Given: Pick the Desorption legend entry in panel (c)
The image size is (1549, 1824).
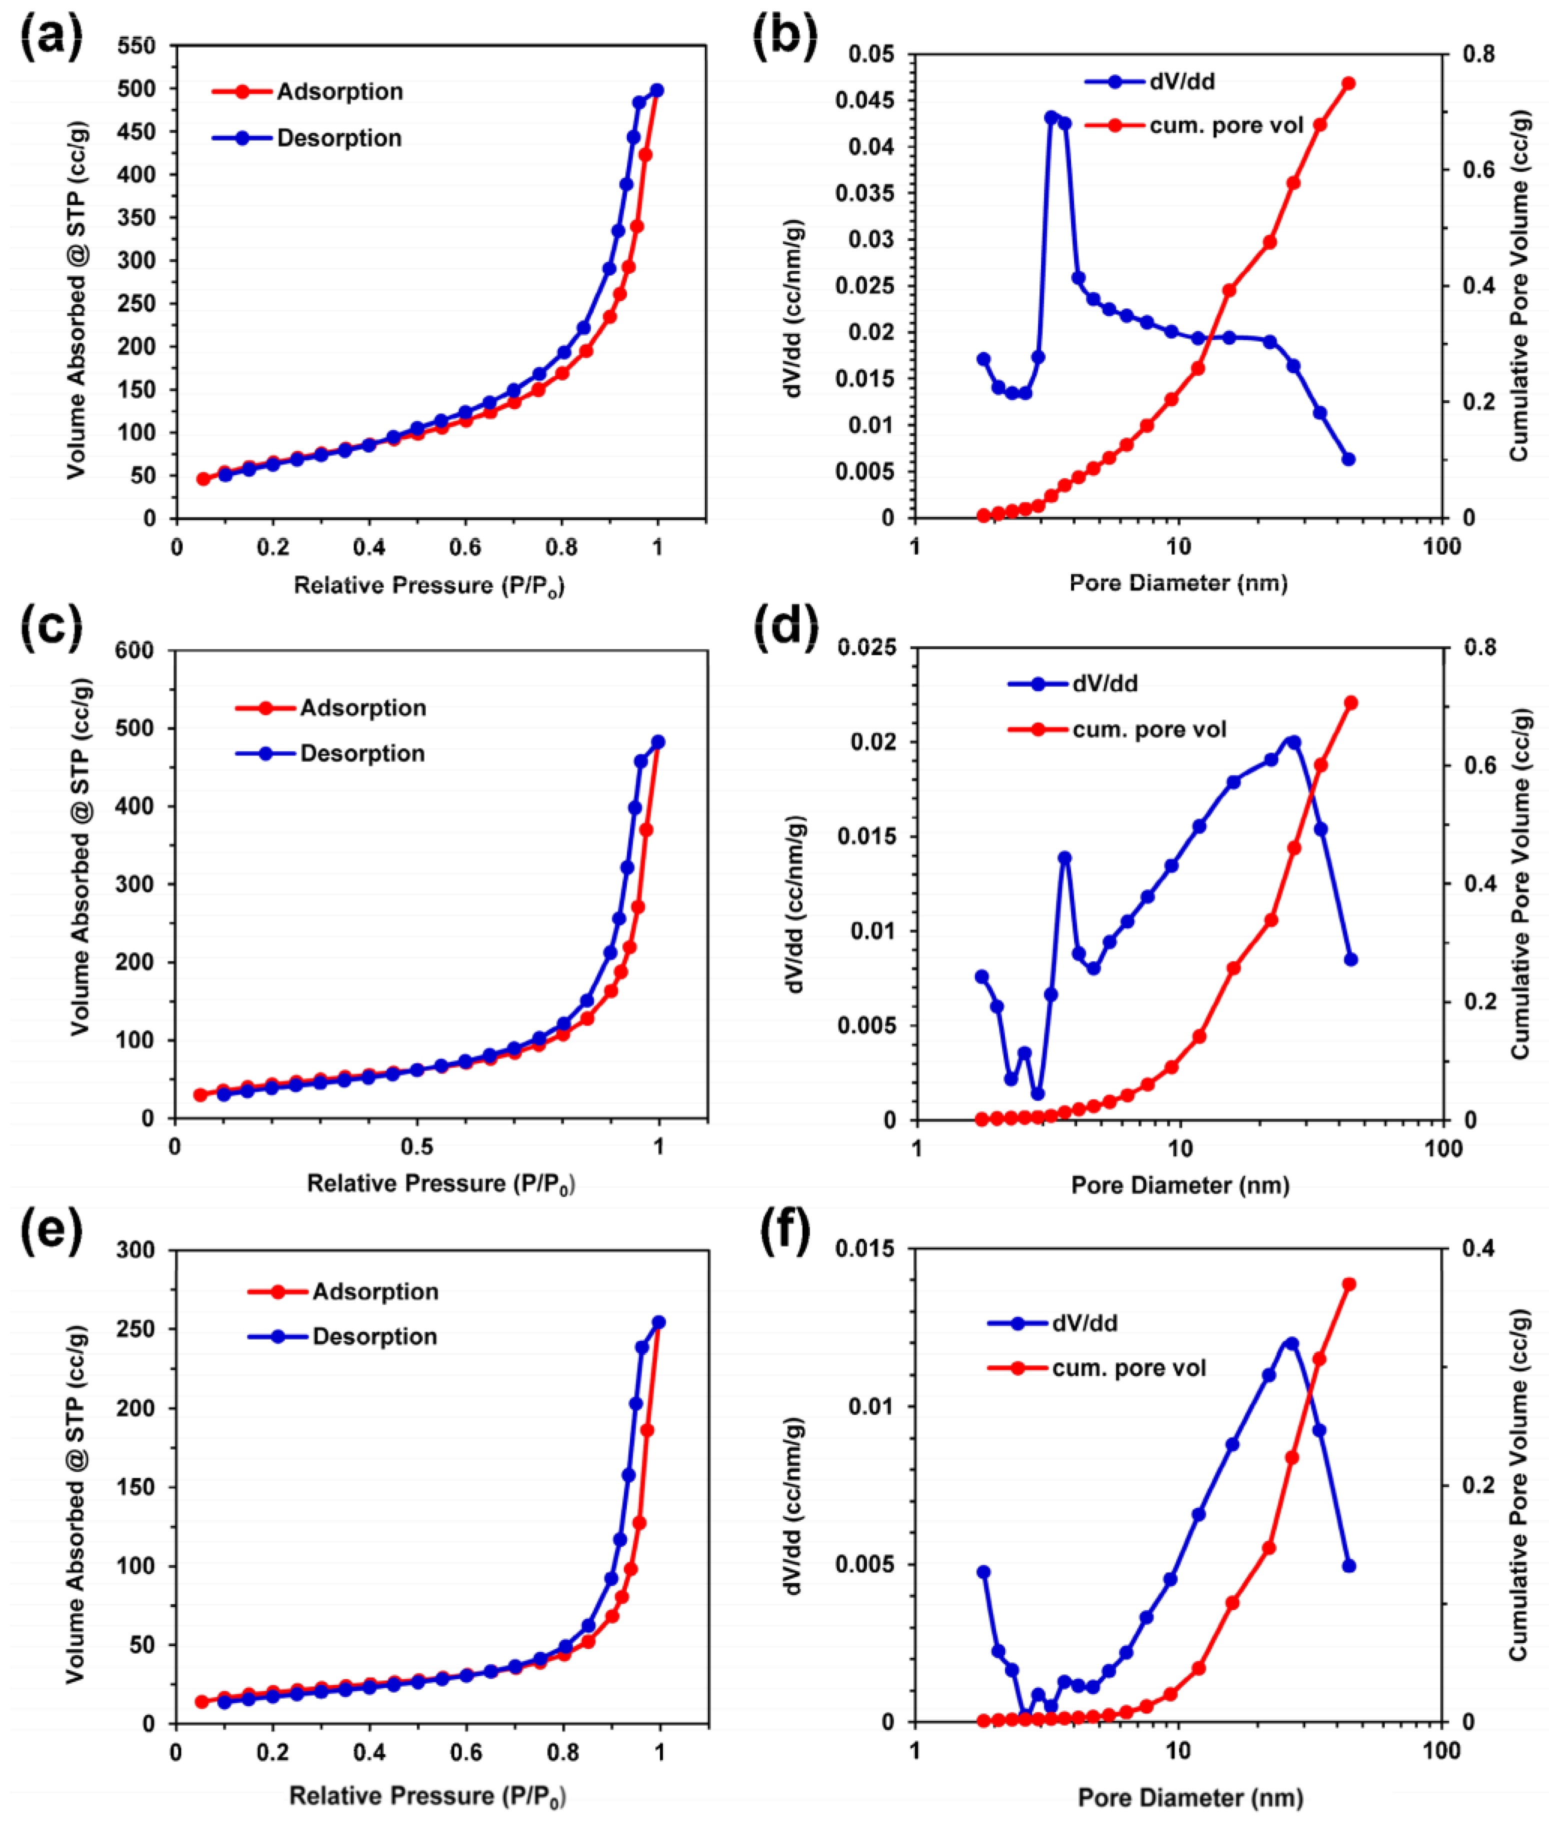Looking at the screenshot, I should tap(362, 753).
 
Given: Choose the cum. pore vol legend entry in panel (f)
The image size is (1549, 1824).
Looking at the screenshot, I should tap(1128, 1368).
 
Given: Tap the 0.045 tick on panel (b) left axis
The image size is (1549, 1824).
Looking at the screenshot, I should tap(865, 100).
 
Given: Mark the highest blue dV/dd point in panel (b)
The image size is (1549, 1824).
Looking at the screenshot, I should tap(1051, 117).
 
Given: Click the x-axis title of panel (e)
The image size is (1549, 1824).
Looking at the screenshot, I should tap(427, 1796).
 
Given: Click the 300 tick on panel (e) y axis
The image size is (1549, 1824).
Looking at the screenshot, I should tap(136, 1249).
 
